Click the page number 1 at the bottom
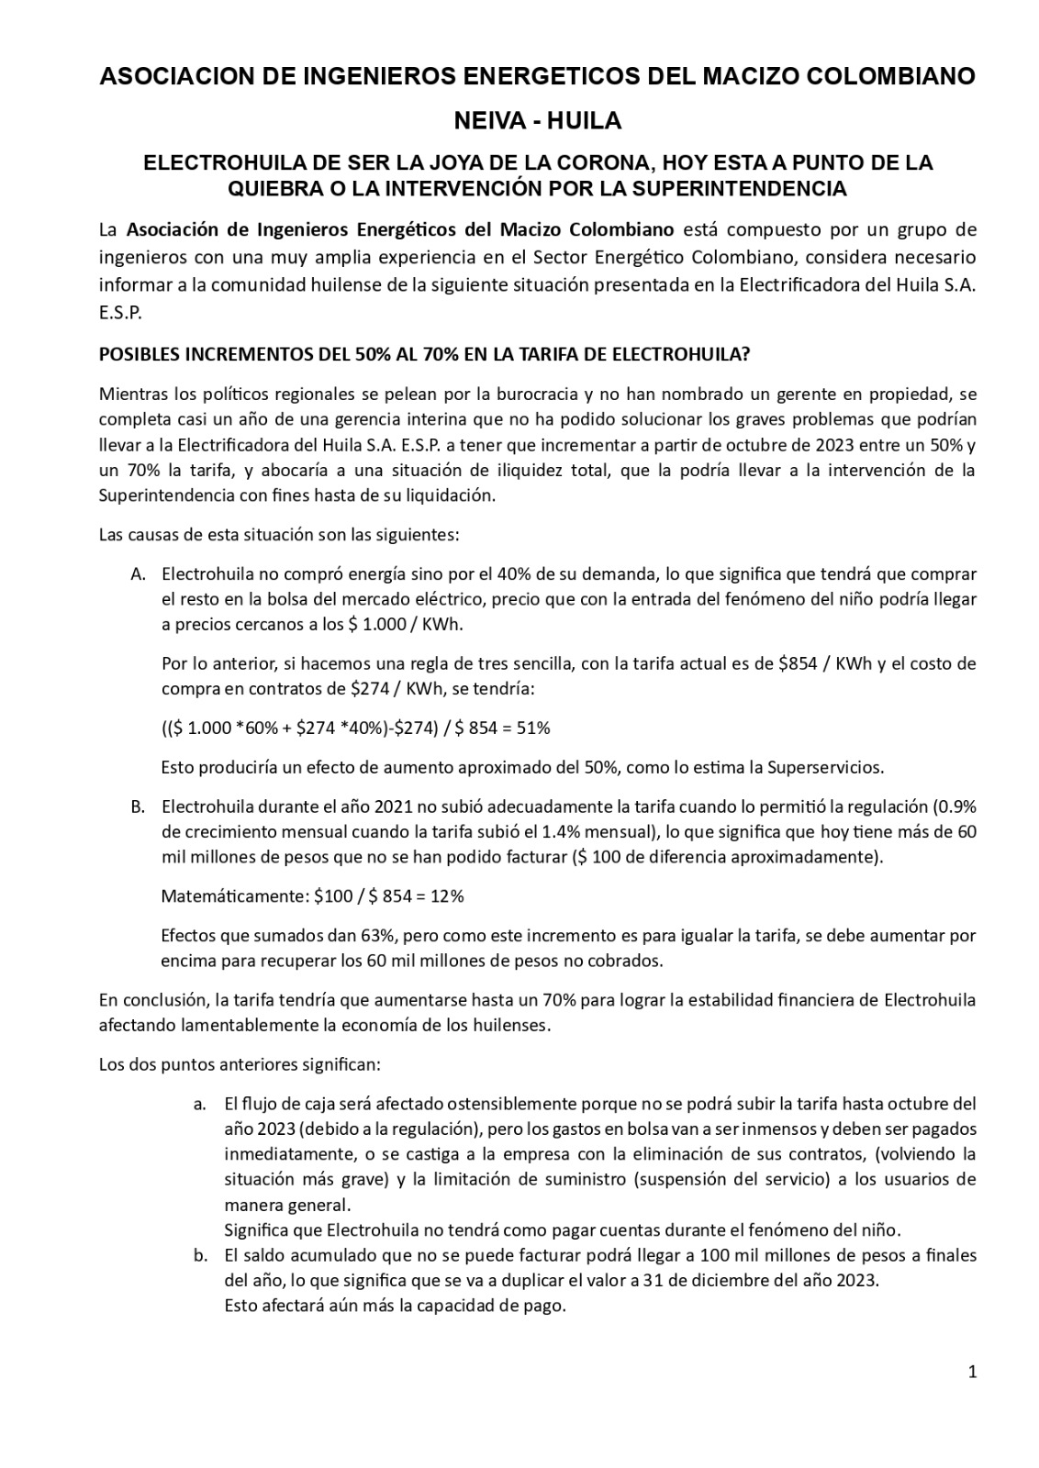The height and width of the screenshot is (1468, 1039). click(x=972, y=1373)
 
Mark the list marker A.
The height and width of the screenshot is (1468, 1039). click(x=139, y=574)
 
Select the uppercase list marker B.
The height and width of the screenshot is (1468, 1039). click(x=139, y=807)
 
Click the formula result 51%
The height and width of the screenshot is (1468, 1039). click(x=532, y=728)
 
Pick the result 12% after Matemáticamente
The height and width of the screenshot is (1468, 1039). click(x=447, y=896)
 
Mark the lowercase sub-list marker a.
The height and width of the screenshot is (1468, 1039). click(x=199, y=1104)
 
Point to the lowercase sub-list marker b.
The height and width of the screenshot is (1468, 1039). click(x=199, y=1255)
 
